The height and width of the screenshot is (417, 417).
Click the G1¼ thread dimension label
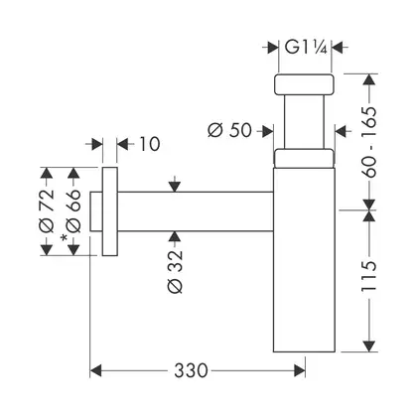point(306,48)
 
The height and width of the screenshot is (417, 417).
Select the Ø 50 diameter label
point(229,130)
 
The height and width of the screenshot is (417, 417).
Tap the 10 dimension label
point(150,144)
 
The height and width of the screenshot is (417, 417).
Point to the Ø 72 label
point(46,210)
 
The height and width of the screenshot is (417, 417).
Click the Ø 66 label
point(73,210)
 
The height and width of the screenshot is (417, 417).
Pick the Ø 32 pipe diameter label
point(175,271)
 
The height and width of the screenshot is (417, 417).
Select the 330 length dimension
point(191,370)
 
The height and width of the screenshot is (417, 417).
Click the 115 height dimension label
point(368,276)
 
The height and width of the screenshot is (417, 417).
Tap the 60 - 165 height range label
point(368,142)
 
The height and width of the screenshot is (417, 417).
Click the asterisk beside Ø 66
point(64,238)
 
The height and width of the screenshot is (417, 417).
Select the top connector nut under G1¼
point(304,84)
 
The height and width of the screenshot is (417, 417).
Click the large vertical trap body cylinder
point(304,259)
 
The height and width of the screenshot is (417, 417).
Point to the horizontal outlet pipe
point(196,211)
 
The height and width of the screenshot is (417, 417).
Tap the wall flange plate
point(110,211)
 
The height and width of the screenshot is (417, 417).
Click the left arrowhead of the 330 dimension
point(95,370)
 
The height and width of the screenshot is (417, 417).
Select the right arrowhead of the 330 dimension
point(300,370)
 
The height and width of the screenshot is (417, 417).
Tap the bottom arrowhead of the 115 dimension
point(369,347)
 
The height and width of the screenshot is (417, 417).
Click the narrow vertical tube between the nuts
point(304,121)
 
